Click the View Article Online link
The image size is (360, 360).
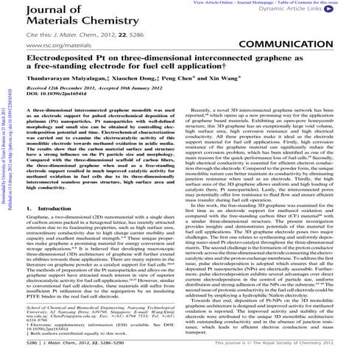coord(213,3)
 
